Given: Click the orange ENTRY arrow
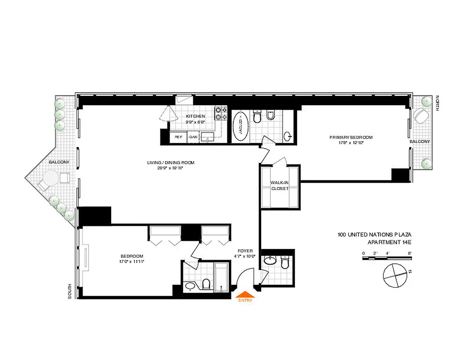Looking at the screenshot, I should coord(246,296).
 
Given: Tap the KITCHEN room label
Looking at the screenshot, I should coord(195,116).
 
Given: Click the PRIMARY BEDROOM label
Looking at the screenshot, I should coord(351,137).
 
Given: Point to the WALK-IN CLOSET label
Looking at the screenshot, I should coord(280,185).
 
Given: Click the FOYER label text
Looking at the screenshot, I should coord(245,251).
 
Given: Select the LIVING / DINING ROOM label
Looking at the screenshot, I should coord(170,163).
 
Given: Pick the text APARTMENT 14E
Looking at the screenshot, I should coord(389,242).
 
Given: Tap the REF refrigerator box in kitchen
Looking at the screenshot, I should coord(178,137).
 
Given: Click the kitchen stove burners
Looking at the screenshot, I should coord(221,113).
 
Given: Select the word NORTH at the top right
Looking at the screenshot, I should coord(438,103).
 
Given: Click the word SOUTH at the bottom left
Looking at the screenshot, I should coord(70,291).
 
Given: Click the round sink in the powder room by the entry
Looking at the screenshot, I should coord(270,260).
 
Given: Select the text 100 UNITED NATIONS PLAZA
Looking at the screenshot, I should coord(375,234).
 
